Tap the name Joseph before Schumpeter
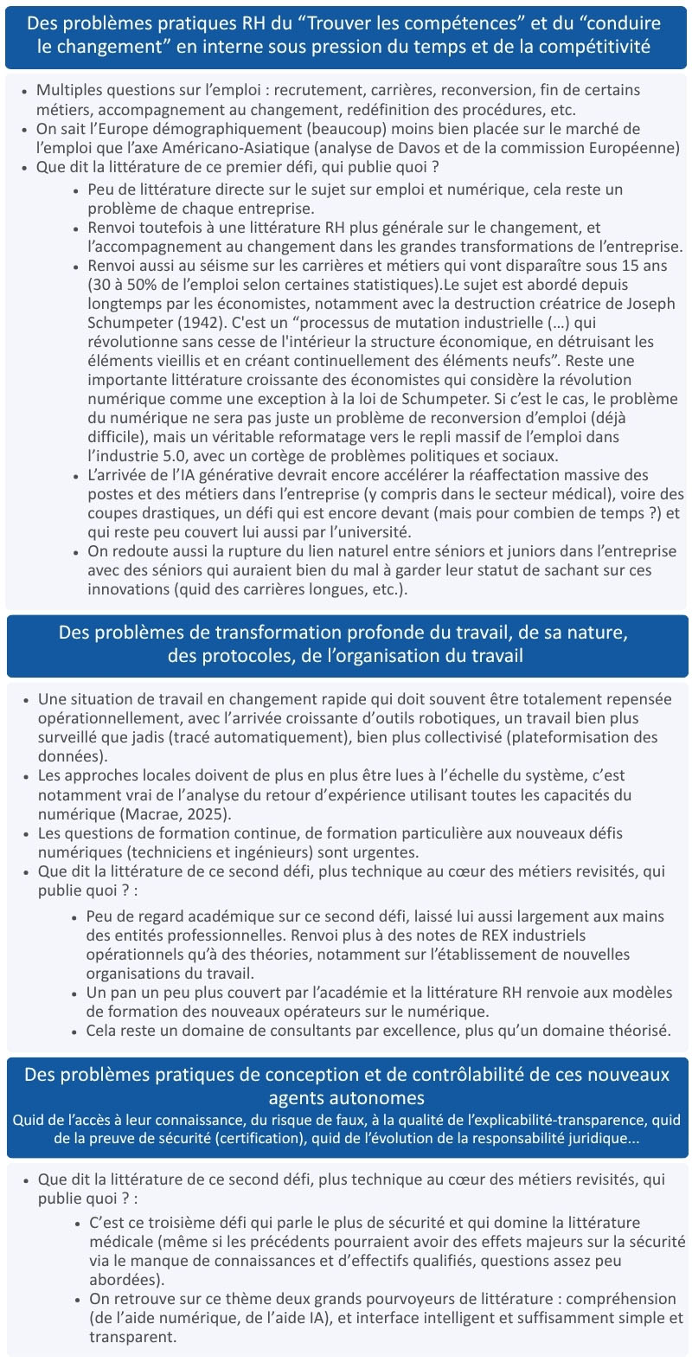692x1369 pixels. (x=652, y=304)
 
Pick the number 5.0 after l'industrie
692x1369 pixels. (x=162, y=456)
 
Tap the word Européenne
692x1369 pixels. (x=634, y=148)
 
